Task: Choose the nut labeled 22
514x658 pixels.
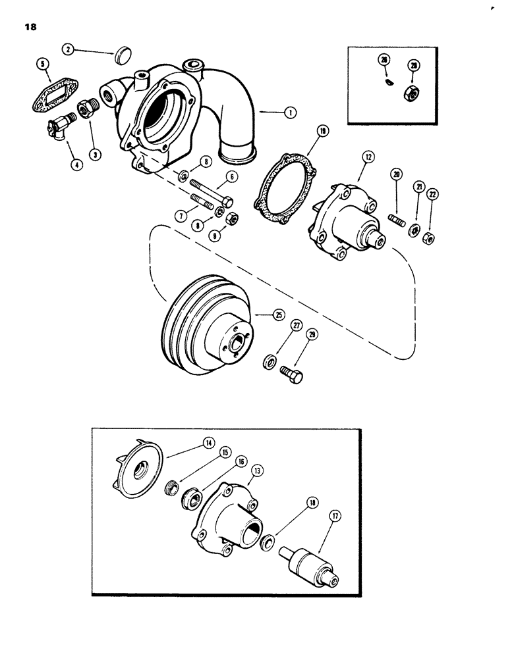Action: point(428,237)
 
